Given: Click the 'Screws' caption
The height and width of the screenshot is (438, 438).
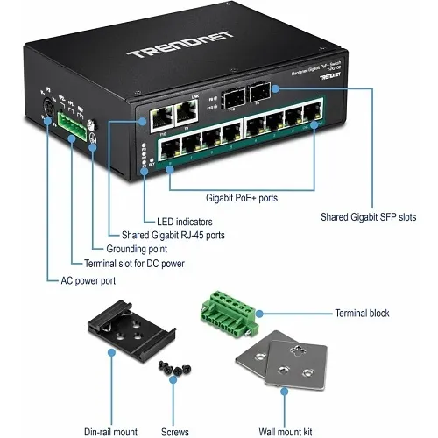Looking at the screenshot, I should (174, 408).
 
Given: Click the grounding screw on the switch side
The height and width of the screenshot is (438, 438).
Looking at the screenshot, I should (93, 138).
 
